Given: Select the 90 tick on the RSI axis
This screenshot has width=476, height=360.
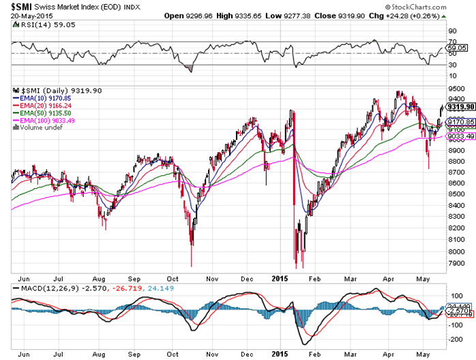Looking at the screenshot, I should coord(451,31).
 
